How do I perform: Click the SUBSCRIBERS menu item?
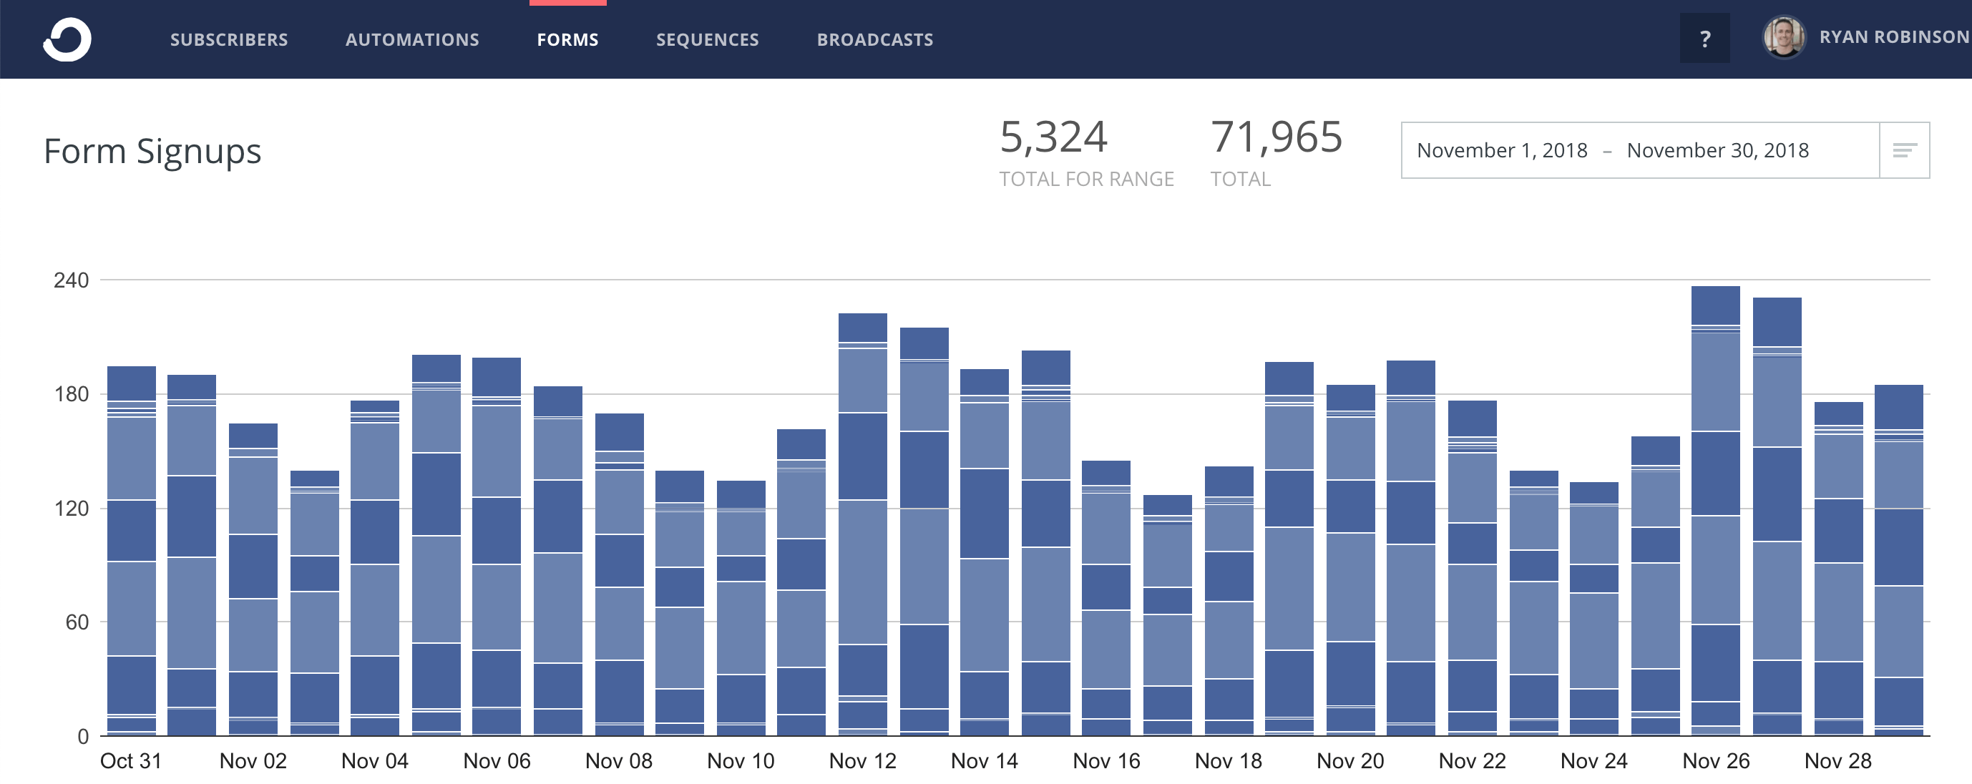click(x=229, y=40)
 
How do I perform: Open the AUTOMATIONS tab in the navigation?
click(x=412, y=40)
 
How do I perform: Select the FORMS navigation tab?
click(x=567, y=40)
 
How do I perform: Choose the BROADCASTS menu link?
click(x=874, y=40)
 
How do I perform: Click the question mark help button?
click(x=1704, y=39)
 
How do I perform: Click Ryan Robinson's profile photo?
click(x=1784, y=36)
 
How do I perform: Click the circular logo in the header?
click(x=67, y=40)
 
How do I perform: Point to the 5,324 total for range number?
click(x=1053, y=137)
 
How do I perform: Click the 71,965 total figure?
click(x=1276, y=137)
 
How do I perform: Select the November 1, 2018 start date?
click(x=1501, y=150)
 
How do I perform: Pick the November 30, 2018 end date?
click(x=1717, y=150)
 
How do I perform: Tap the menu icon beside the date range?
click(x=1904, y=150)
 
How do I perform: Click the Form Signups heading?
click(x=152, y=151)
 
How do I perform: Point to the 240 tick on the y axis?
click(x=71, y=280)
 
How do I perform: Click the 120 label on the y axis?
click(x=71, y=509)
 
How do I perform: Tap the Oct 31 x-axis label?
click(x=131, y=760)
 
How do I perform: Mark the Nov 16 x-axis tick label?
click(x=1105, y=760)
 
